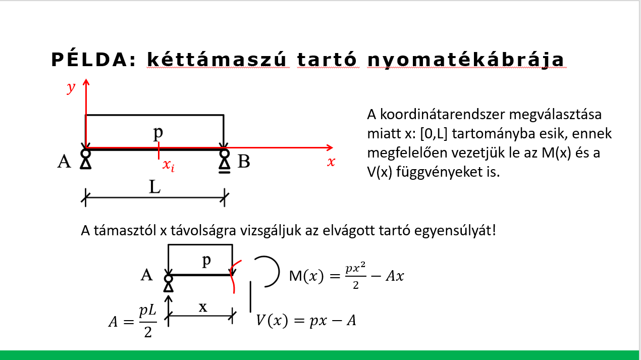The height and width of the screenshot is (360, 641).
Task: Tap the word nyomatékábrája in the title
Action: pos(466,60)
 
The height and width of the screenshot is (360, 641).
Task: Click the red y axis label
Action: pos(71,87)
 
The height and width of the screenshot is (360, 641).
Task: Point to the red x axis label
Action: pos(331,162)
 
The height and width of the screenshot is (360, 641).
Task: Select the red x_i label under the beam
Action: pos(168,165)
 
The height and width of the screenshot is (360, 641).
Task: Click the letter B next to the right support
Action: pos(244,162)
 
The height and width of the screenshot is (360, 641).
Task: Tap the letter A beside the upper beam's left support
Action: pos(64,162)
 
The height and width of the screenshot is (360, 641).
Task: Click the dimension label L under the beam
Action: pos(155,187)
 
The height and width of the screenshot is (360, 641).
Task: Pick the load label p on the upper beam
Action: pos(158,133)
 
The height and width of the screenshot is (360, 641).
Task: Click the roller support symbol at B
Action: pos(225,162)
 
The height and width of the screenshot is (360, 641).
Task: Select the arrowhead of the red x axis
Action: pos(330,147)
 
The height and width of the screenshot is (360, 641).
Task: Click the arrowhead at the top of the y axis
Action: pos(86,82)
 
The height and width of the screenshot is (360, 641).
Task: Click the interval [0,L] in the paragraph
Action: pos(434,134)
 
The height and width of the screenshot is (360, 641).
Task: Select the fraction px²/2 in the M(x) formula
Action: pos(355,276)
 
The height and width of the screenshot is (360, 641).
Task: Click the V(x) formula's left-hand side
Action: pos(272,320)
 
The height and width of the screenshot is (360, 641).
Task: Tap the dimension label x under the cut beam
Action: pos(203,307)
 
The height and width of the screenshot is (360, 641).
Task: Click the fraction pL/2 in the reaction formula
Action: pos(148,322)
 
